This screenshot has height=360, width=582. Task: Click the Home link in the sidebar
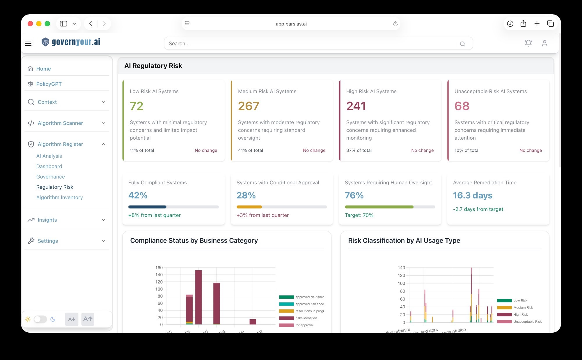(x=43, y=69)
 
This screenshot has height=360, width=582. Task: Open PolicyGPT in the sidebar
(x=49, y=84)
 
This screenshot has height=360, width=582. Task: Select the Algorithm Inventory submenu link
(x=59, y=197)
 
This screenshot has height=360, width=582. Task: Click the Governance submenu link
(x=50, y=177)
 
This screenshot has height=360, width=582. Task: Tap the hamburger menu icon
(x=28, y=43)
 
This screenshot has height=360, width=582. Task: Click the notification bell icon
(x=528, y=43)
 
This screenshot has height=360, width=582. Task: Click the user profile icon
(x=544, y=43)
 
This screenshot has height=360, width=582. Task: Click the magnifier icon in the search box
(x=462, y=44)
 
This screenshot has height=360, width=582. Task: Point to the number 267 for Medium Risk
(x=249, y=106)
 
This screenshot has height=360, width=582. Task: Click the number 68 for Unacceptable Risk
(x=462, y=106)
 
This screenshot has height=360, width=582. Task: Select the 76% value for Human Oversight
(x=354, y=195)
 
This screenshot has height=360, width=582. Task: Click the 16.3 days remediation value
(x=473, y=195)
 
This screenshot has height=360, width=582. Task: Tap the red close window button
(x=30, y=24)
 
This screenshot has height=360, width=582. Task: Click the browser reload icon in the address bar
(x=395, y=24)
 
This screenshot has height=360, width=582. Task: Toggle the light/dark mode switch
(x=40, y=319)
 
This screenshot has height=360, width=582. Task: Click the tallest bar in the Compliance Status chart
(x=198, y=297)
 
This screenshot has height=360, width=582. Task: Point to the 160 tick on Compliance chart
(x=159, y=268)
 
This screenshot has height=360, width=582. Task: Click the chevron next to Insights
(x=103, y=220)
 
